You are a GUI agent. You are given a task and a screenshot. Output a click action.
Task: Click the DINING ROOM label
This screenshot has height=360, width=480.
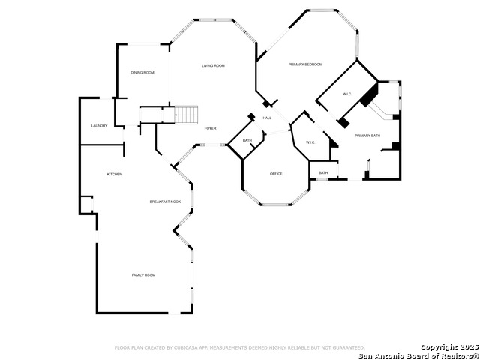[142, 73]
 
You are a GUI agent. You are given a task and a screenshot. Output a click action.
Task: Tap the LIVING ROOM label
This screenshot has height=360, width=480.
[213, 66]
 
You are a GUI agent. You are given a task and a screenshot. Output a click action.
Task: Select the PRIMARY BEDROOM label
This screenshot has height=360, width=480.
[305, 65]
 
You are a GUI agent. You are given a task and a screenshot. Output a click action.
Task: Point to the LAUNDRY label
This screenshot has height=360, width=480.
[99, 126]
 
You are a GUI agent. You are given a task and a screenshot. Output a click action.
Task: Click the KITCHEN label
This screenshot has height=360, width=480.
[114, 175]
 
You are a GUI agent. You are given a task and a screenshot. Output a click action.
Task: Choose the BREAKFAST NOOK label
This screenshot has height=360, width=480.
[165, 202]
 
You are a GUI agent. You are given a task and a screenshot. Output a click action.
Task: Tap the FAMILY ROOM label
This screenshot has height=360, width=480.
[143, 275]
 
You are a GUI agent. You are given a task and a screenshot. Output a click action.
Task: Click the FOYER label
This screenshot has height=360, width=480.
[211, 129]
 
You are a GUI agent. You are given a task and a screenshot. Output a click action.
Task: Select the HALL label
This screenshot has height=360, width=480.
[267, 118]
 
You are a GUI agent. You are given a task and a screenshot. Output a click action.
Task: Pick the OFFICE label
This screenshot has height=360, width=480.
[276, 174]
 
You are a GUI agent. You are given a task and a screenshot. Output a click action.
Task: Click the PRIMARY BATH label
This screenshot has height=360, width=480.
[367, 136]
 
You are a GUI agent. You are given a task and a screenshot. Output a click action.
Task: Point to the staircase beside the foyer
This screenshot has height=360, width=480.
[187, 115]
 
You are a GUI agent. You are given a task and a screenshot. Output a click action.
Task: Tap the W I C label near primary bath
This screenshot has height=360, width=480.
[346, 94]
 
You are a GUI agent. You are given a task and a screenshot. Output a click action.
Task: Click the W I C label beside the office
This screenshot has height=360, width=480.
[310, 142]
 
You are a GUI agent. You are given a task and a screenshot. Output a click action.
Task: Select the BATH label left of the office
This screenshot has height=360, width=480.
[247, 141]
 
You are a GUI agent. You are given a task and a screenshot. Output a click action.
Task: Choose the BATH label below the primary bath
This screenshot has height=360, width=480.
[323, 173]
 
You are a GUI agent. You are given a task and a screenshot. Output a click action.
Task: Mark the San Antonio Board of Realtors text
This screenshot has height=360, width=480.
[417, 355]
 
